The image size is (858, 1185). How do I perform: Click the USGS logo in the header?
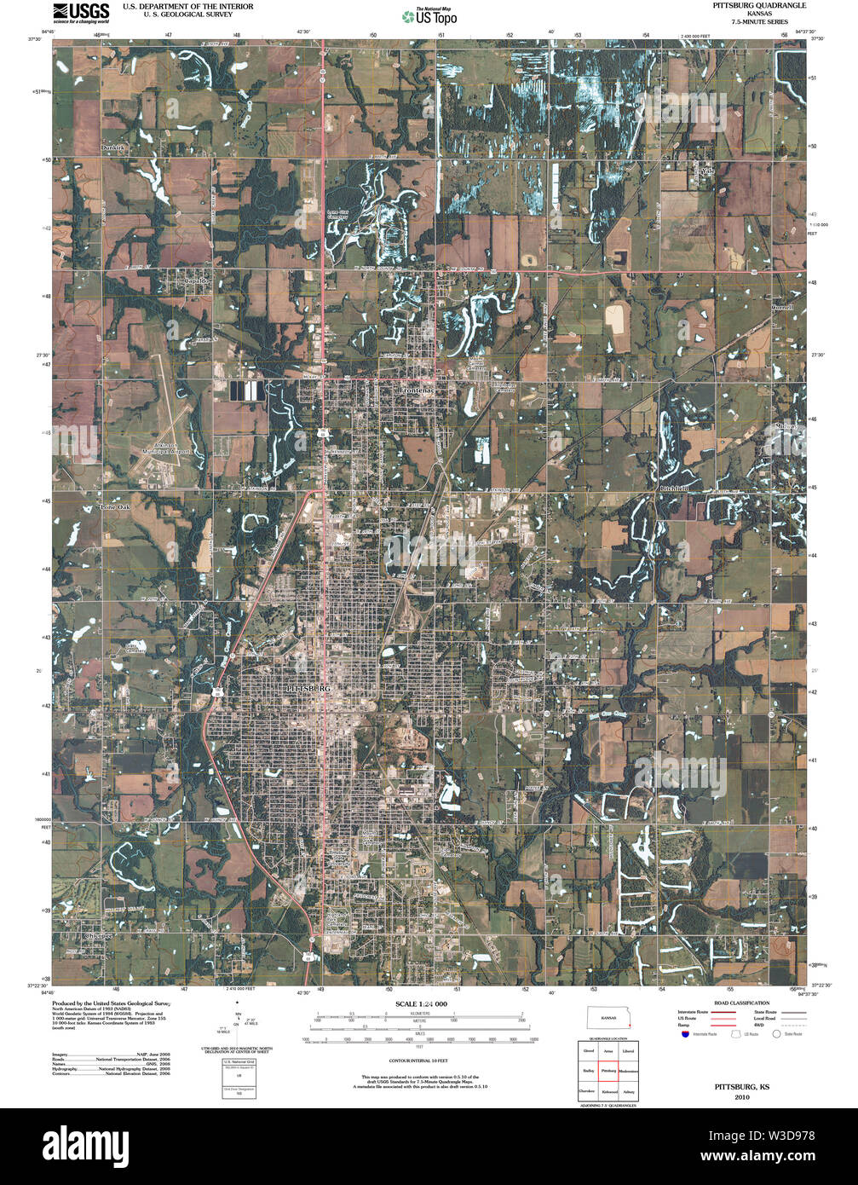pos(81,11)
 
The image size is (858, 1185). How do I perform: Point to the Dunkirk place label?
pos(112,148)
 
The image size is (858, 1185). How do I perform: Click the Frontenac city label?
pos(417,390)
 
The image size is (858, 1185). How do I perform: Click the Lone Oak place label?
pos(115,507)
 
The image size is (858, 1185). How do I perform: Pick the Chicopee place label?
pos(94,935)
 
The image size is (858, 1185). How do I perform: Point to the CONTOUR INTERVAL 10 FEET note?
pos(418,1060)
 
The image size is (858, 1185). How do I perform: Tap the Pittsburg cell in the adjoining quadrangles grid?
pos(608,1071)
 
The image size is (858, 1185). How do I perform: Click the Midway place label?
pos(786,426)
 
